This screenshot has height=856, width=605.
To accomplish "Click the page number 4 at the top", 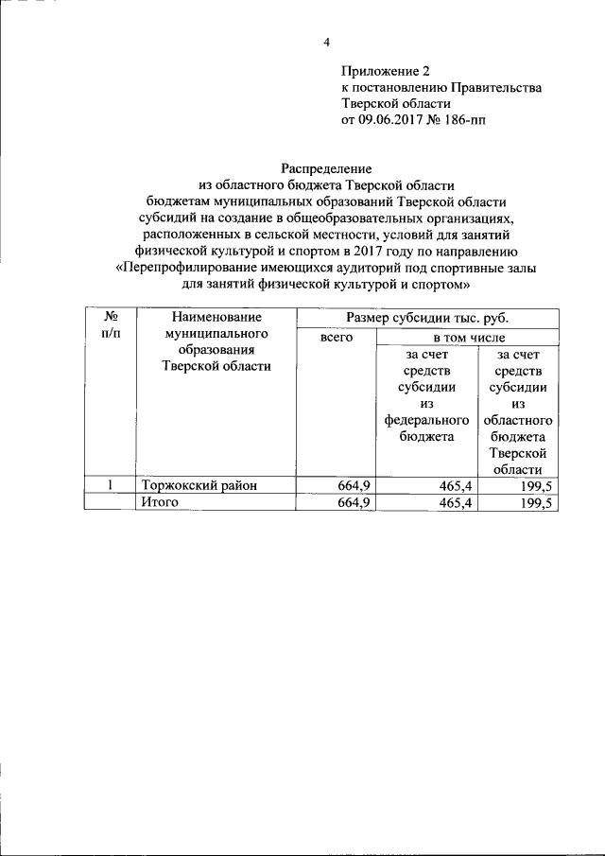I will [326, 43].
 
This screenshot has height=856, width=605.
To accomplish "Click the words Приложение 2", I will [386, 71].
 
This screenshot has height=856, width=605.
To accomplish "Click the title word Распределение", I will [327, 168].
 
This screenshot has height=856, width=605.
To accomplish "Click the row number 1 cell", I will [110, 485].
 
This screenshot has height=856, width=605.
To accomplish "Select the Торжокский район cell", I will [199, 485].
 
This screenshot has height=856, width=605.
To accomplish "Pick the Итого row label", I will [160, 502].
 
